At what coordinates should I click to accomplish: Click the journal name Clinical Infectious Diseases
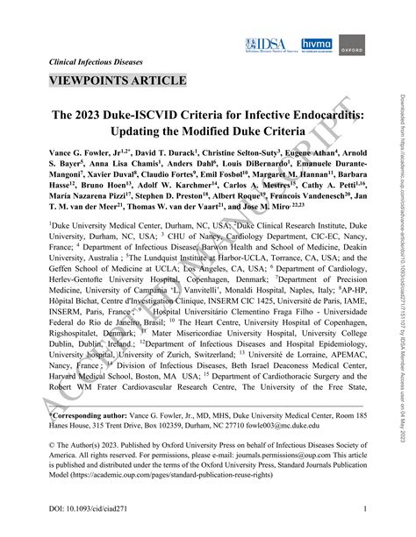(x=97, y=62)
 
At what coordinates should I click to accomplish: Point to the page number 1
(x=364, y=511)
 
